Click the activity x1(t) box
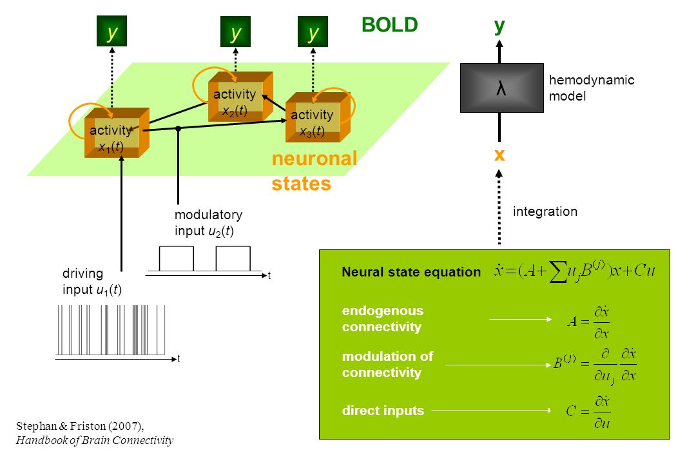(x=117, y=132)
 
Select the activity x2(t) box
(x=240, y=97)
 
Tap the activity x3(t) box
(x=318, y=117)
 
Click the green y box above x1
(x=112, y=31)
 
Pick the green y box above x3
(x=313, y=32)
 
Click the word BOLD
(x=390, y=25)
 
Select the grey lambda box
(x=501, y=88)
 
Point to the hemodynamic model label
(x=591, y=88)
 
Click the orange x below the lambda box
(x=499, y=155)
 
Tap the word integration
(x=545, y=211)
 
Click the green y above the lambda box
(x=499, y=26)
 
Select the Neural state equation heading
(x=411, y=272)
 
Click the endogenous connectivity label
(x=383, y=319)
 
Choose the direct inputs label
(x=383, y=411)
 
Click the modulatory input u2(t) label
(x=208, y=223)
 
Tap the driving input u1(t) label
(x=92, y=282)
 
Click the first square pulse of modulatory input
(x=176, y=258)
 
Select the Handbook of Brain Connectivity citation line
(x=95, y=440)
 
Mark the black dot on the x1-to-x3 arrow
(x=178, y=128)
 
